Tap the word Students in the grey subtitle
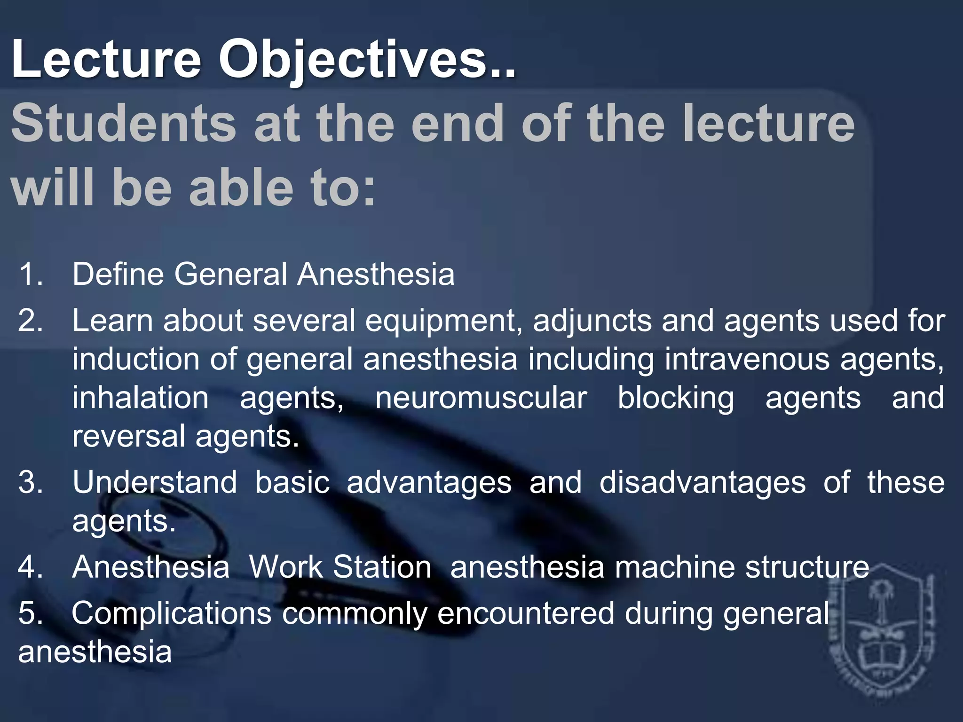pos(123,124)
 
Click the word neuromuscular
pos(481,398)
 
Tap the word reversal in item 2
pos(128,436)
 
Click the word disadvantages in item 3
pos(702,482)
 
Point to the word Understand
pos(155,482)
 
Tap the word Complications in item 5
pos(172,613)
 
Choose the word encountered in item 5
pos(526,613)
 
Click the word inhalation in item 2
pos(141,398)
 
